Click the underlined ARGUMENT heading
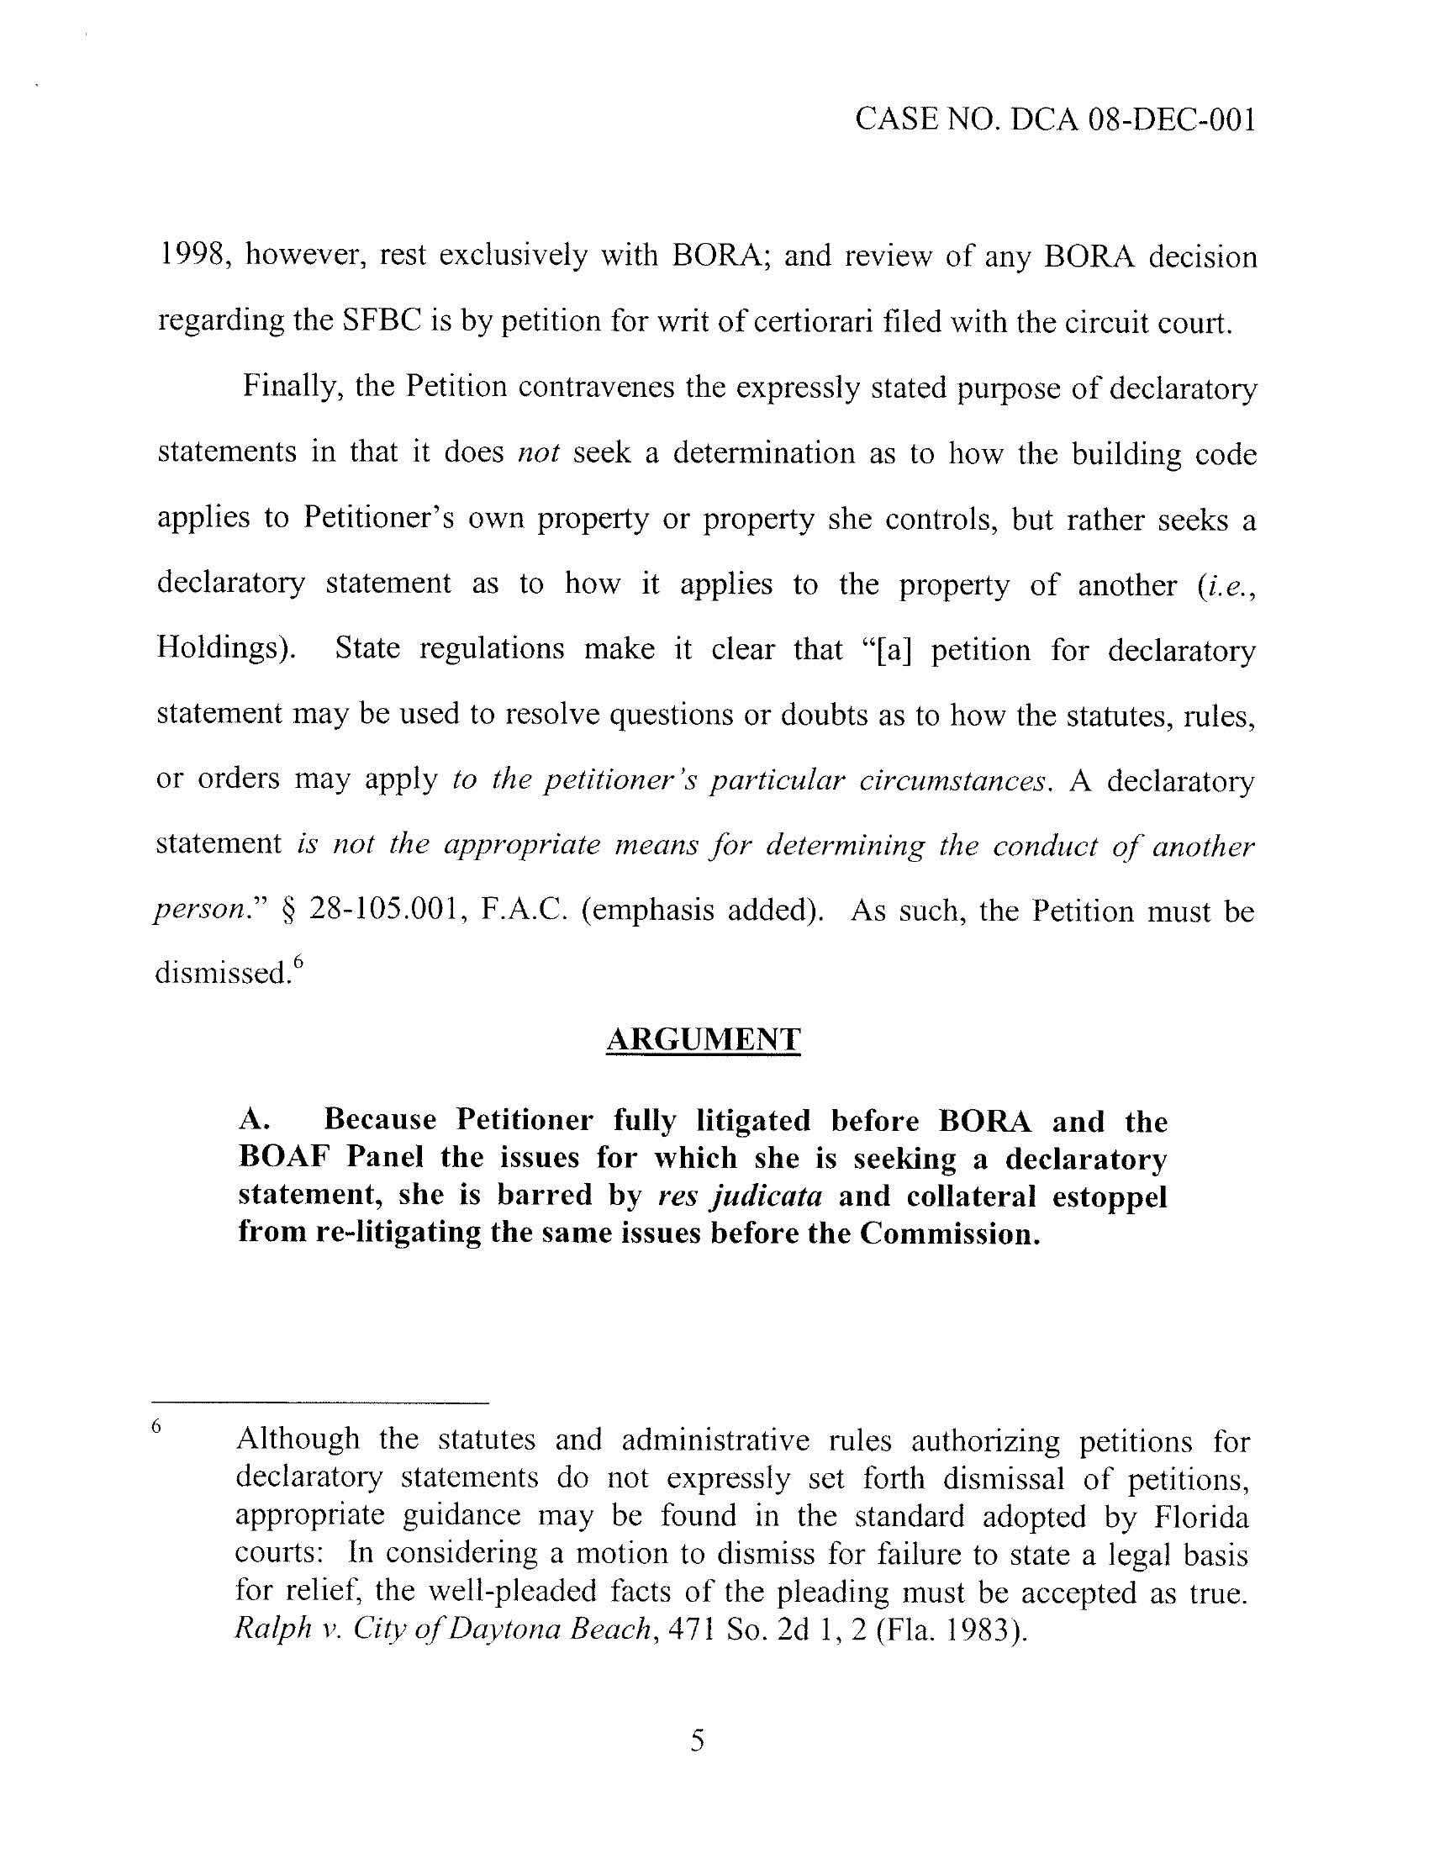pyautogui.click(x=703, y=1039)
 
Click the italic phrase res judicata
pyautogui.click(x=739, y=1197)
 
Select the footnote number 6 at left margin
pyautogui.click(x=156, y=1427)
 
